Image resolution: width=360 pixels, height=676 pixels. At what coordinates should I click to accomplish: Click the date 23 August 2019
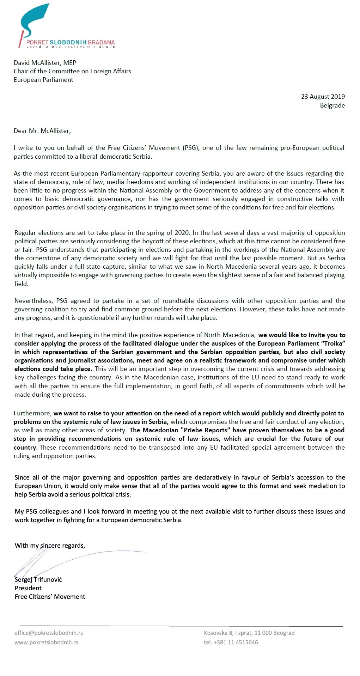[323, 97]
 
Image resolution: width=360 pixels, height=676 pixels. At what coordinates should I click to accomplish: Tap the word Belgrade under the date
[332, 105]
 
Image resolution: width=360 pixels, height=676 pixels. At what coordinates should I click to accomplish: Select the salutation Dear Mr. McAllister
[42, 131]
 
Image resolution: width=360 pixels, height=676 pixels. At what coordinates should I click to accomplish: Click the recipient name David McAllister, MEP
[45, 63]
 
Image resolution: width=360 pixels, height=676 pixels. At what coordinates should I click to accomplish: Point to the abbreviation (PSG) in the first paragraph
[190, 148]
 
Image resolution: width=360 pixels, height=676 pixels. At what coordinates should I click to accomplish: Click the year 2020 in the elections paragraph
[182, 233]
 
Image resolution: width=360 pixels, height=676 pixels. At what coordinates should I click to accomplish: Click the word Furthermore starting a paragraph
[32, 413]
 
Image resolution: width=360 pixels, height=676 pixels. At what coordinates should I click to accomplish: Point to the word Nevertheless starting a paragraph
[33, 301]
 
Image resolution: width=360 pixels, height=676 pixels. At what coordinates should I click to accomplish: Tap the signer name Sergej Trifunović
[38, 579]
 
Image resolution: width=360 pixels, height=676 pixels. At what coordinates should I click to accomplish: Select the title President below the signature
[28, 588]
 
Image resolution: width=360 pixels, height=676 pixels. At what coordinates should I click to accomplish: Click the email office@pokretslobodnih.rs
[48, 633]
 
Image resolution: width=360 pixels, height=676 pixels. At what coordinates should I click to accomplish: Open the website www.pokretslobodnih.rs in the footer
[46, 642]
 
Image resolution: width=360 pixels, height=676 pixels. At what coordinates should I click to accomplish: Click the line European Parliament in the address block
[43, 80]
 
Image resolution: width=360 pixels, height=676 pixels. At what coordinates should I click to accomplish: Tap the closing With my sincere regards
[50, 546]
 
